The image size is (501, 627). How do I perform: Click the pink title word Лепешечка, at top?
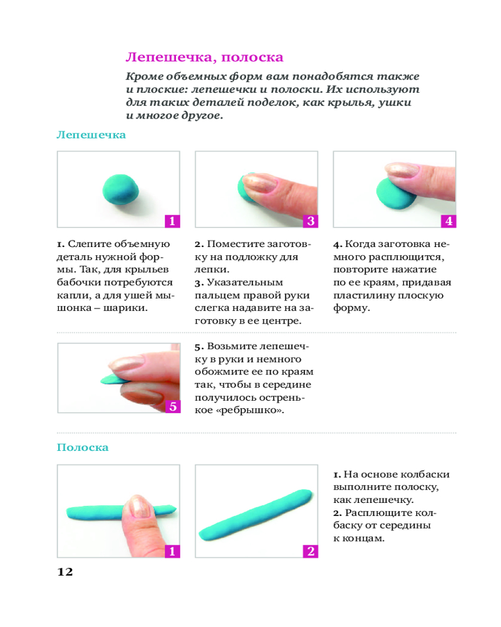[x=171, y=58]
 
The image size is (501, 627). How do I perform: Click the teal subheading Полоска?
[x=83, y=447]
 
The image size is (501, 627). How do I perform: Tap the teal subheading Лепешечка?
[x=91, y=135]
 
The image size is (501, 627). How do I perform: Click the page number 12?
[x=65, y=572]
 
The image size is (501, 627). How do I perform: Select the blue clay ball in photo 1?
[x=121, y=189]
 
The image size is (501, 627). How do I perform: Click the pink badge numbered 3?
[x=311, y=221]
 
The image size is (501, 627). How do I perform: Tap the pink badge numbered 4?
[x=448, y=221]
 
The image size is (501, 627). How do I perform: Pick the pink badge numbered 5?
[x=173, y=407]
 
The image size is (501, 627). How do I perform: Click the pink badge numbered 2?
[x=311, y=551]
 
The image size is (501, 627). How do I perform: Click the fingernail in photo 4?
[x=401, y=169]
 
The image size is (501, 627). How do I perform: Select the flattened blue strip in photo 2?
[x=256, y=515]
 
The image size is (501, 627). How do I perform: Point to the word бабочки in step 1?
[x=79, y=282]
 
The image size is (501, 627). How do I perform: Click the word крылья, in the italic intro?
[x=352, y=103]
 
